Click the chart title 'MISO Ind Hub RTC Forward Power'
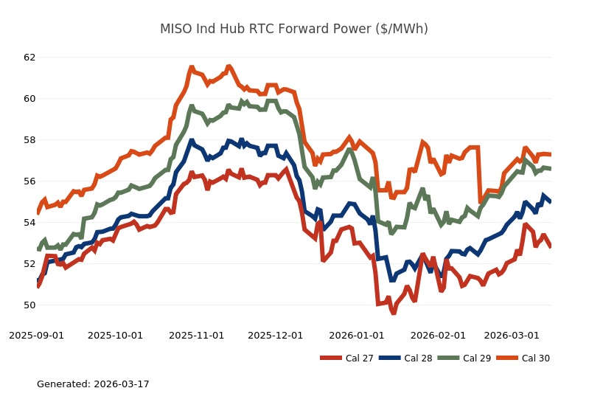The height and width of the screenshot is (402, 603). [x=293, y=30]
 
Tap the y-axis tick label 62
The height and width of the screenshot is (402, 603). [x=29, y=58]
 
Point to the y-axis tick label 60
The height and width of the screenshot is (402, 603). [x=29, y=99]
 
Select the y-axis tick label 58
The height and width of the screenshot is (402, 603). [x=29, y=140]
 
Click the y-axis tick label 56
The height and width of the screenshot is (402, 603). [x=29, y=181]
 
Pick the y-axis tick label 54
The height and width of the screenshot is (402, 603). [x=29, y=223]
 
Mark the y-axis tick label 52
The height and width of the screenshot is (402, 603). [x=29, y=264]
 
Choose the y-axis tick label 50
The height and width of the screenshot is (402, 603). [x=29, y=305]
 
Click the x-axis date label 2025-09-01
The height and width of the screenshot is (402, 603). [x=37, y=336]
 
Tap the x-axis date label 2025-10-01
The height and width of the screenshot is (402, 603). [x=116, y=336]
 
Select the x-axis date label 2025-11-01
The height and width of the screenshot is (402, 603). [x=197, y=336]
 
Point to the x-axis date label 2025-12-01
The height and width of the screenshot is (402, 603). [x=276, y=336]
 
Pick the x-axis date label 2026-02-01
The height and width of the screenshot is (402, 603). [x=438, y=336]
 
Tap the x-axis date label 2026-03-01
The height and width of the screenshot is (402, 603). [x=512, y=336]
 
